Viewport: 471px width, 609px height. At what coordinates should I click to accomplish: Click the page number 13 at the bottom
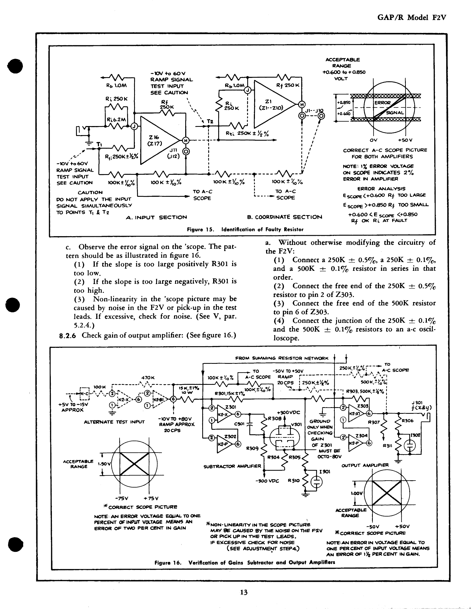243,592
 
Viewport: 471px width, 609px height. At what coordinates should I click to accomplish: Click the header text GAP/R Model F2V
412,18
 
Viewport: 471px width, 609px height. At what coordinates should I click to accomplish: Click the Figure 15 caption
245,230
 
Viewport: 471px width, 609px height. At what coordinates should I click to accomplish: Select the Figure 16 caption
245,562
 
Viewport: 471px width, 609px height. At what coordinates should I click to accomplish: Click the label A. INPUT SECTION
156,217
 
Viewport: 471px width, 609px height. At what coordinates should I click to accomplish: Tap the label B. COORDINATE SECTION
284,217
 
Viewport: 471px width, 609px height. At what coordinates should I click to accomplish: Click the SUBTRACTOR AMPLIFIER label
232,466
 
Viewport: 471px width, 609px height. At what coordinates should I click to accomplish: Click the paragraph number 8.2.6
68,335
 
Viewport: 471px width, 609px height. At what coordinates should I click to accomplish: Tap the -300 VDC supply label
267,481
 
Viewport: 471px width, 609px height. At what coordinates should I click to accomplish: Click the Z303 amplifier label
362,406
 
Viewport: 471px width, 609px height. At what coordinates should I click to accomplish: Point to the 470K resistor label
148,378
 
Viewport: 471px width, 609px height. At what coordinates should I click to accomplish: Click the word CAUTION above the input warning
90,192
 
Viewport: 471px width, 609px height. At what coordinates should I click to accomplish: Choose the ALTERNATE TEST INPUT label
114,422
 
